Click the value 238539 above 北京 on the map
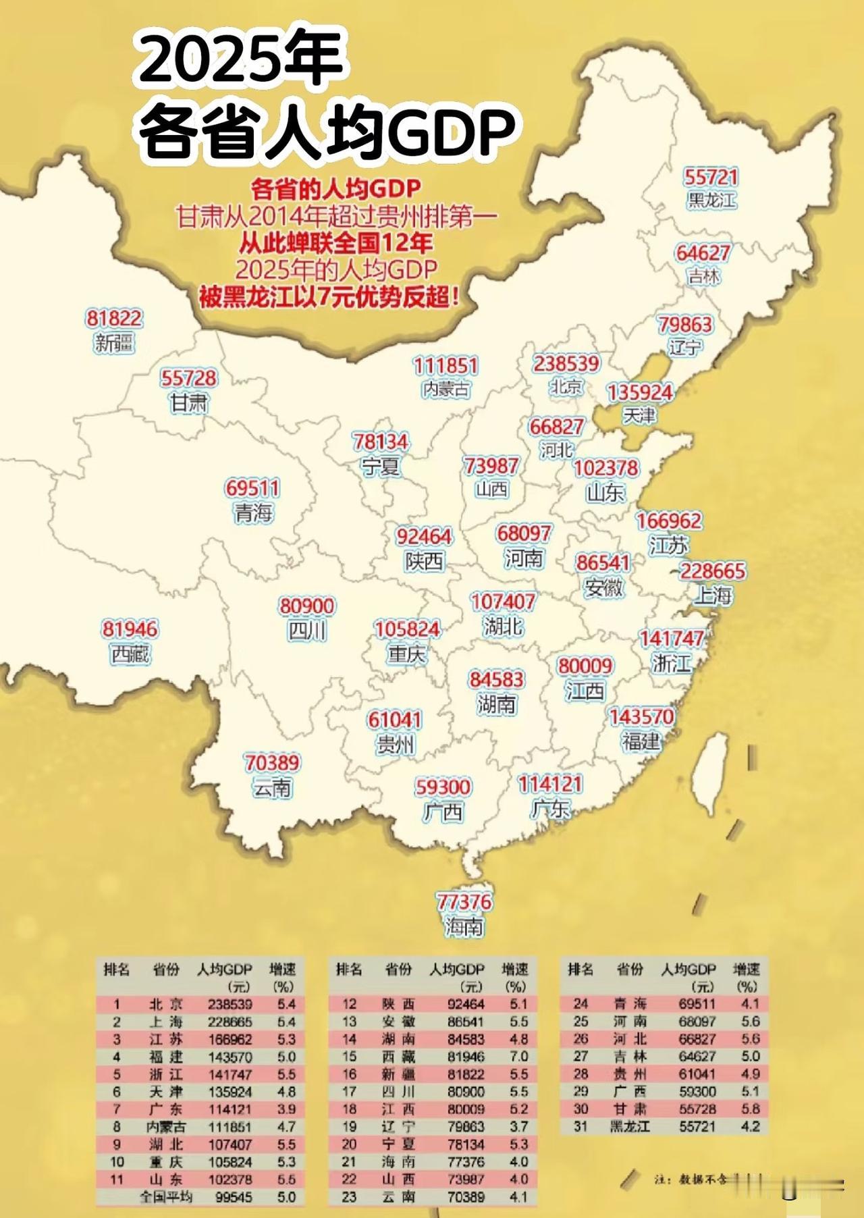point(566,363)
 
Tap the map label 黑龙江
point(711,201)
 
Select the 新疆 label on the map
point(114,343)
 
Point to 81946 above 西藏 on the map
point(130,629)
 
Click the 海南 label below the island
point(464,927)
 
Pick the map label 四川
point(307,631)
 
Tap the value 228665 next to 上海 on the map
point(713,571)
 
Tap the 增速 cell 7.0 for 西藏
point(518,1057)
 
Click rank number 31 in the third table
point(580,1127)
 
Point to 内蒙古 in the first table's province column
point(166,1127)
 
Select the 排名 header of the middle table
point(349,970)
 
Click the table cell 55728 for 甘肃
point(697,1109)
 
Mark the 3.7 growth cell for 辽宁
point(518,1127)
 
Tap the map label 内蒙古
point(446,389)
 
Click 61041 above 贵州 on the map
point(395,720)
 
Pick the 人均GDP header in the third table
point(688,970)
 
